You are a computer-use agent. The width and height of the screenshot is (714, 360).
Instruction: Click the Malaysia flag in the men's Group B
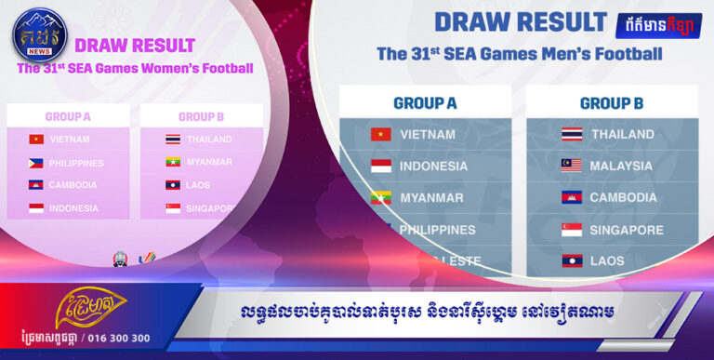coord(572,166)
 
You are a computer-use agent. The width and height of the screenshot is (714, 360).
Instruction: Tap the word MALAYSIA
coord(621,166)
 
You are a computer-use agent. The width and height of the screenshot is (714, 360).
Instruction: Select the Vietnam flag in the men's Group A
coord(380,134)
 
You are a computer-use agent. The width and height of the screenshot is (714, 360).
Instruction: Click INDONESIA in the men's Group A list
coord(433,166)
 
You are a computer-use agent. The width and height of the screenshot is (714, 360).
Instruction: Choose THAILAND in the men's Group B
coord(622,134)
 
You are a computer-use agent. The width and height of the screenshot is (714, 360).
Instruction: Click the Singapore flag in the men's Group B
coord(572,229)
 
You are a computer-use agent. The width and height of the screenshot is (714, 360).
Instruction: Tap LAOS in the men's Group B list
coord(609,261)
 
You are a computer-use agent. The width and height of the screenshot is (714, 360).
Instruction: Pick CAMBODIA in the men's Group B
coord(623,197)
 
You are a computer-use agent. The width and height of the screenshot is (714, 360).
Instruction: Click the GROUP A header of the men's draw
coord(425,102)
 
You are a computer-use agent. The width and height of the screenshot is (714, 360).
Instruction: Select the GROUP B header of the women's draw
coord(202,117)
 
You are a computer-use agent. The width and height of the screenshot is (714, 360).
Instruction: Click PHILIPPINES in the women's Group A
coord(76,163)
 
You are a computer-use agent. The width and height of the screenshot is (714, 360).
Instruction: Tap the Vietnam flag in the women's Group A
coord(36,140)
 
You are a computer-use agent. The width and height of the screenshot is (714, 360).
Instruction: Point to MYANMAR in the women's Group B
coord(209,162)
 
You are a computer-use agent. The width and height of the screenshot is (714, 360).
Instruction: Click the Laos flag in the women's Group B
coord(173,185)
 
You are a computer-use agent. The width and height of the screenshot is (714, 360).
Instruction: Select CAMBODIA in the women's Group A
coord(73,185)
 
